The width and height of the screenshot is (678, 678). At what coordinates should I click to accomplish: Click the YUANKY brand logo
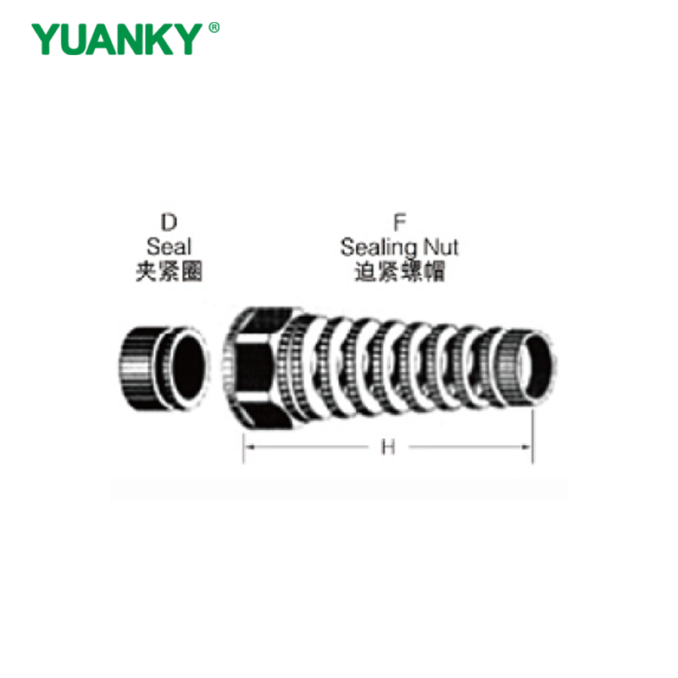pos(125,39)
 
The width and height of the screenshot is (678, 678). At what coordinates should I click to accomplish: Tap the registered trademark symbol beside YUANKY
pos(214,28)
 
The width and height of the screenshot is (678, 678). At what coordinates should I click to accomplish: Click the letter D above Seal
pos(169,223)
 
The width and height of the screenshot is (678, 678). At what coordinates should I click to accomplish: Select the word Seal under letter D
pos(169,247)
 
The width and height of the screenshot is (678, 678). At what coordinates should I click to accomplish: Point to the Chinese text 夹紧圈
pos(169,272)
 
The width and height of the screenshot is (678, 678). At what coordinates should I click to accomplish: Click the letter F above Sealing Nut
pos(399,223)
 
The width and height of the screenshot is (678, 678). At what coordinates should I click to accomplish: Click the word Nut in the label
pos(441,247)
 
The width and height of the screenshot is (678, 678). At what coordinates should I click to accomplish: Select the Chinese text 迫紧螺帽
pos(399,272)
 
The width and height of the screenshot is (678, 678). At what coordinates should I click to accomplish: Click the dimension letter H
pos(388,447)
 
